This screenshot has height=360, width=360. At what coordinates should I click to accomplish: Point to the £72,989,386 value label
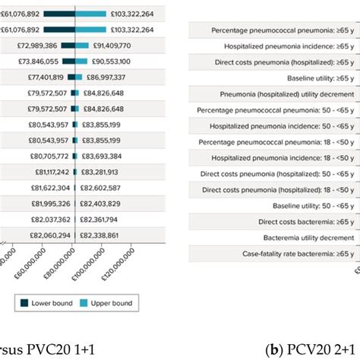point(36,46)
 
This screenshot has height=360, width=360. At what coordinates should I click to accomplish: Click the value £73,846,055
point(36,61)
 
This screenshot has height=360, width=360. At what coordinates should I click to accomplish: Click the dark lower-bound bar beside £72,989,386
point(68,46)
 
